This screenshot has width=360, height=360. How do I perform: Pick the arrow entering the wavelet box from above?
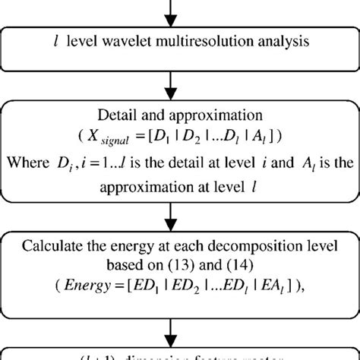tap(180, 9)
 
